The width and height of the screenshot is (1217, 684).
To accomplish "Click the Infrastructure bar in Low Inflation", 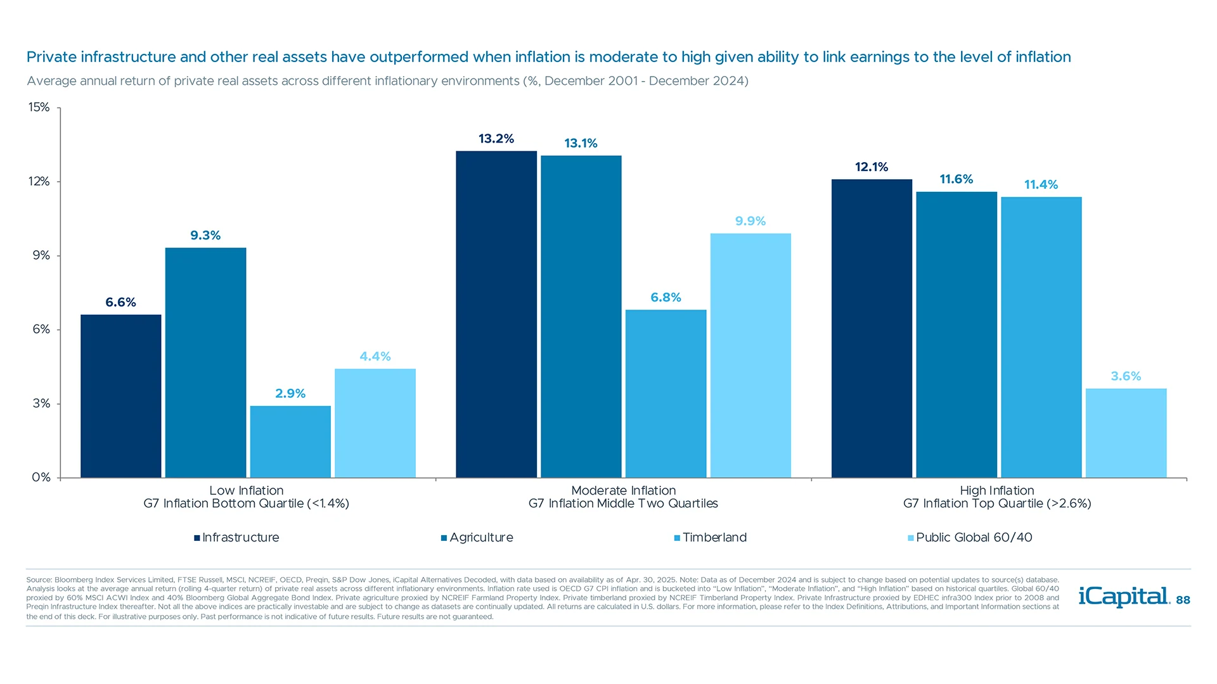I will click(120, 396).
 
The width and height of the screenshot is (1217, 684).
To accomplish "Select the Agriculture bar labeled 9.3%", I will click(205, 362).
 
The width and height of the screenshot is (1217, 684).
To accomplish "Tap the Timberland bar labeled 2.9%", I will click(290, 441).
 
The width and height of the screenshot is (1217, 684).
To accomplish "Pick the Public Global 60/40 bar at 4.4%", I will click(375, 423).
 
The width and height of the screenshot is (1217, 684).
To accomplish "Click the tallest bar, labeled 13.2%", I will click(496, 314).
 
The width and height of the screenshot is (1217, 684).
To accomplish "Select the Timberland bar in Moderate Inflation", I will click(666, 393).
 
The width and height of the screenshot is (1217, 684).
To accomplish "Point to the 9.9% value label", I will click(750, 221).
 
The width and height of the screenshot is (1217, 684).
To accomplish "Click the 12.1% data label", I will click(872, 167).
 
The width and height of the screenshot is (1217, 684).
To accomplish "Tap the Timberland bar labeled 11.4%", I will click(1041, 337).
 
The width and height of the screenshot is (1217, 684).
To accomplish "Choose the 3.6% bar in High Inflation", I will click(1126, 433).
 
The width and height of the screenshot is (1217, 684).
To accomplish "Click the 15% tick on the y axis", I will click(39, 107).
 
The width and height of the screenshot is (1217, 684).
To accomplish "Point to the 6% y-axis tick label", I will click(41, 329).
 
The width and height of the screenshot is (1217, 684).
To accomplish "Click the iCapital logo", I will click(1124, 597).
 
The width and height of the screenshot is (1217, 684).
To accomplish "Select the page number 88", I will click(1183, 600).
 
